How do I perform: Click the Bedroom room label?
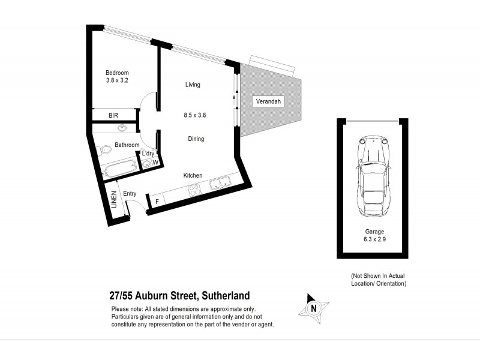coord(118,73)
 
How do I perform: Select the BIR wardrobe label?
coord(113,115)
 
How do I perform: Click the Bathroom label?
coord(127,145)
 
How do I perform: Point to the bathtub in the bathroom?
coord(120,169)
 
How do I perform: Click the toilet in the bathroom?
coord(105,148)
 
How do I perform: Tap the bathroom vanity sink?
coord(122,128)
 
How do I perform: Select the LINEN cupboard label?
coord(113,200)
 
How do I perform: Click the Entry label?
coord(130,194)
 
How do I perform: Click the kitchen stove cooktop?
coord(195,191)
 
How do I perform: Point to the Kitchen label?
coord(193,175)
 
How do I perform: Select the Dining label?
coord(196,139)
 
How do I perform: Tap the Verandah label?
coord(268,101)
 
